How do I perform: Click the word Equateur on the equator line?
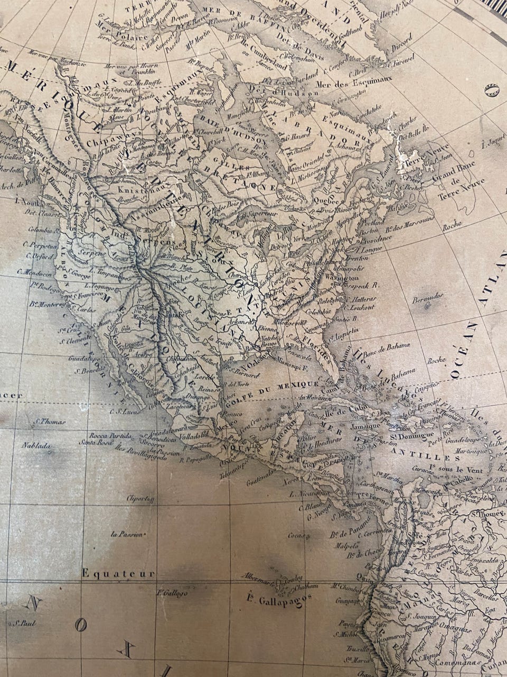pyautogui.click(x=118, y=573)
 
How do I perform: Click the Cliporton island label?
pyautogui.click(x=141, y=499)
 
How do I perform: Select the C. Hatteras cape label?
pyautogui.click(x=361, y=298)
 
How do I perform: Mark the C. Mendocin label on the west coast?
pyautogui.click(x=34, y=272)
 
